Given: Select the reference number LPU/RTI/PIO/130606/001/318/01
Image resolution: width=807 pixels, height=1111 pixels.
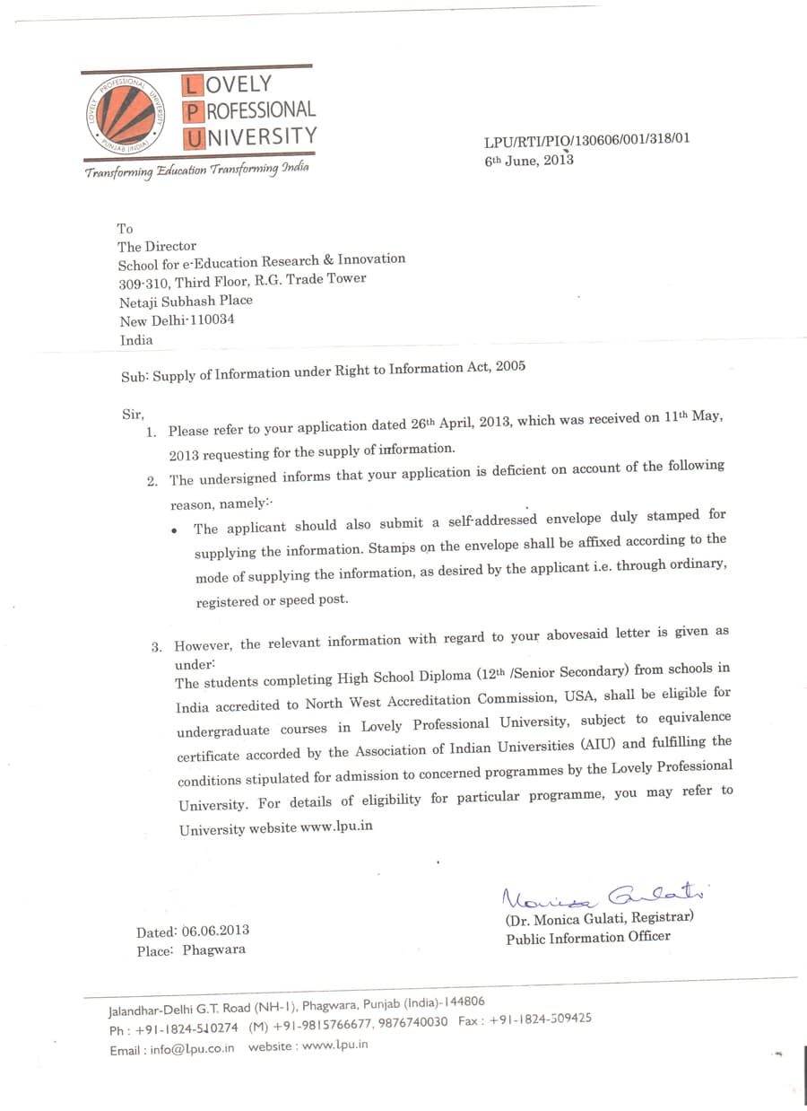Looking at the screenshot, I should tap(586, 140).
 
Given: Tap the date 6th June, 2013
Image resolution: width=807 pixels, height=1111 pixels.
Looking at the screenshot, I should tap(528, 160).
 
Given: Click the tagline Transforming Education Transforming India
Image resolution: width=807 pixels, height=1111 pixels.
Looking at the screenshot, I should tap(196, 171).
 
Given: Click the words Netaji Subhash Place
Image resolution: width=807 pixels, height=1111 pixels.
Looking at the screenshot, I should tap(186, 301).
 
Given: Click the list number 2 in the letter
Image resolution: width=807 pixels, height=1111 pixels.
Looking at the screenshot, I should tap(152, 481).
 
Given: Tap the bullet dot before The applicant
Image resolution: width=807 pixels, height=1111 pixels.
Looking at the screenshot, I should tap(174, 530).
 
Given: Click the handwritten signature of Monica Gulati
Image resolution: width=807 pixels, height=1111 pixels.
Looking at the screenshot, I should tap(604, 896).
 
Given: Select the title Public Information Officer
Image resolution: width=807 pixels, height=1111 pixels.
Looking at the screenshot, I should tap(587, 938).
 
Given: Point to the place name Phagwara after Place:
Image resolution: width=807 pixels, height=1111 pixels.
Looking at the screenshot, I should tap(213, 949).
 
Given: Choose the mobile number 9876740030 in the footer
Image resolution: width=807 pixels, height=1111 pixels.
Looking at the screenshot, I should tap(412, 1022).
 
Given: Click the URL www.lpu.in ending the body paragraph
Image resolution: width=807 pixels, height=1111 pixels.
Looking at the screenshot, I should tap(336, 827).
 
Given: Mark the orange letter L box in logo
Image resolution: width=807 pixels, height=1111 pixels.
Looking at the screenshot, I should tap(191, 86).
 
